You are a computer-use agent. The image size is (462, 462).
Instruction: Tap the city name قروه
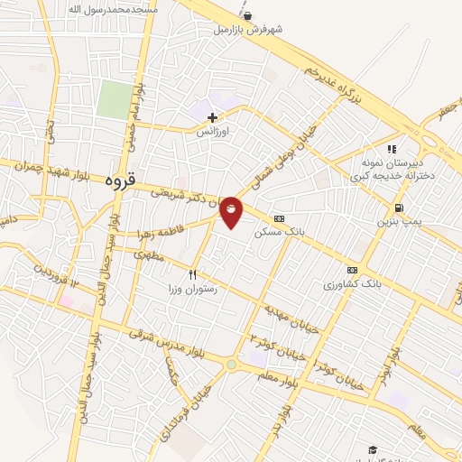(119, 180)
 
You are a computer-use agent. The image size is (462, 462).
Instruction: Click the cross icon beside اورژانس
(213, 117)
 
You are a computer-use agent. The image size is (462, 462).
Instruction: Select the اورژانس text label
(215, 131)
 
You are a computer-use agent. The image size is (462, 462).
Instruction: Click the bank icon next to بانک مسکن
(277, 217)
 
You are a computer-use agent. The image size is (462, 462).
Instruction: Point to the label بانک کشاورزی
(348, 284)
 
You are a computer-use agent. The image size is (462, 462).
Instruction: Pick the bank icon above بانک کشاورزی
(352, 270)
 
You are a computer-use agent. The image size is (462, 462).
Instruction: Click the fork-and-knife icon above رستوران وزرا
(191, 273)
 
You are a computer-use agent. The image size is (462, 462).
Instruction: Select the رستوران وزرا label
(180, 288)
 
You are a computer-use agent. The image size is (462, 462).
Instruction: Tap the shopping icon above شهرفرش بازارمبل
(247, 15)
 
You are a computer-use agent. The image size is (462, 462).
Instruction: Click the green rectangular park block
(115, 99)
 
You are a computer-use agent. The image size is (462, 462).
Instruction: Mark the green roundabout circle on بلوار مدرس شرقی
(232, 365)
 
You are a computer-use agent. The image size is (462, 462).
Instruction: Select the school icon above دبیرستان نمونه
(391, 150)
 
